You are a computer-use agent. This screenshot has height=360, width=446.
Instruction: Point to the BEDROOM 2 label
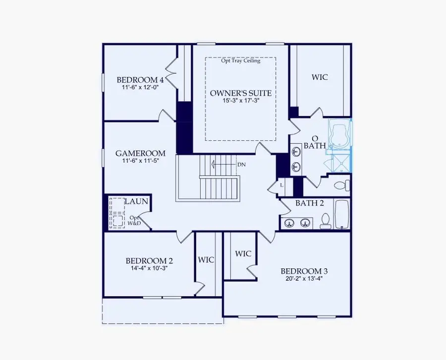149,261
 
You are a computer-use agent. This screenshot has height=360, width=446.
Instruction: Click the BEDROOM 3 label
304,271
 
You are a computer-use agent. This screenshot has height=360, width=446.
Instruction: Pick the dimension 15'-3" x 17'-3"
241,101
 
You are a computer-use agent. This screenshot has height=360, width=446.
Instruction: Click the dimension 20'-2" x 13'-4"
304,278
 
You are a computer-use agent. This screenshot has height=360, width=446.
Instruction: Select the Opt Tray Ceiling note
241,60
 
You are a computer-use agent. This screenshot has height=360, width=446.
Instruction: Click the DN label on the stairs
242,164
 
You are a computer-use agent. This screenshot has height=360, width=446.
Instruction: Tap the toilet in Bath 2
326,221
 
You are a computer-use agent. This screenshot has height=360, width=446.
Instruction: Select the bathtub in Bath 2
342,214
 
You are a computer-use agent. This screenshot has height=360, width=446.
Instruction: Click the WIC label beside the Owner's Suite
320,77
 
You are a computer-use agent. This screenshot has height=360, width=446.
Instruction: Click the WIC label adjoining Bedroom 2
206,260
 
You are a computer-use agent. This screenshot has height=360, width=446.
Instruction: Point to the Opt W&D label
135,221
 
